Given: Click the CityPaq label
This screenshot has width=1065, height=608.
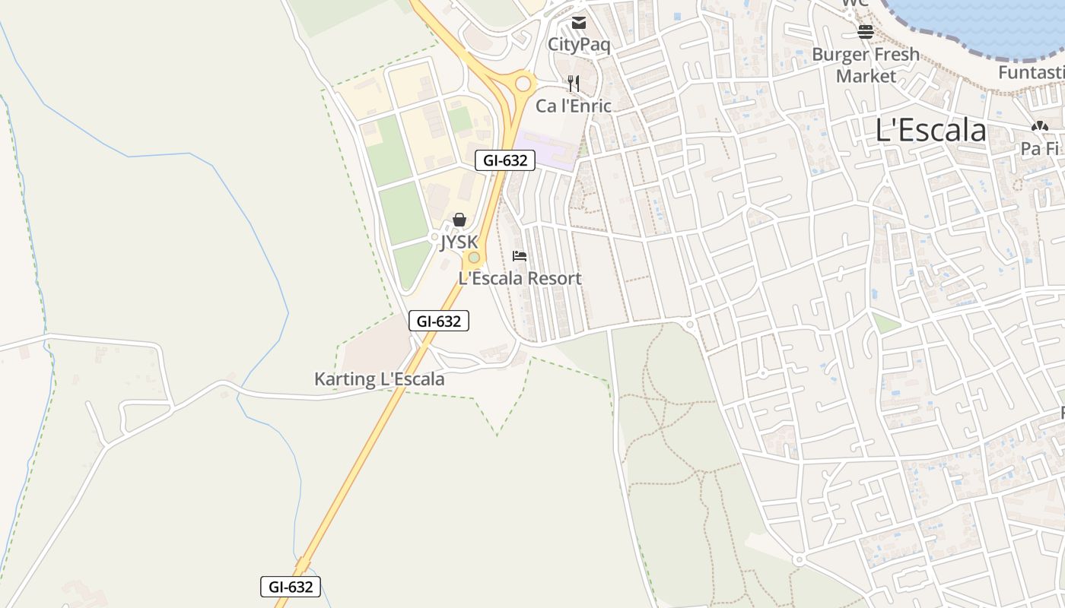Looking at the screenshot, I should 579,45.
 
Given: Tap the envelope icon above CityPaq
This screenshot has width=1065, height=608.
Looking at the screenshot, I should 579,23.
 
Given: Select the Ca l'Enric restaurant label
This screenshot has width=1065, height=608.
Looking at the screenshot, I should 573,106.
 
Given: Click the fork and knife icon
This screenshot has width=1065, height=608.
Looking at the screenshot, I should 574,84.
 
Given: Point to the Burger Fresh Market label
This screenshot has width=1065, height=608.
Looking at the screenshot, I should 866,65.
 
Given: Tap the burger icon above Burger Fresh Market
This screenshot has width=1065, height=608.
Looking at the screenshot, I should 865,31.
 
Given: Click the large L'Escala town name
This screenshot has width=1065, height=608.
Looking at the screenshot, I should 930,131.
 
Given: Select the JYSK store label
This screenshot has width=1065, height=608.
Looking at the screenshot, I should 459,242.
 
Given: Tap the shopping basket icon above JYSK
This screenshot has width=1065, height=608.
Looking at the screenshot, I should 459,220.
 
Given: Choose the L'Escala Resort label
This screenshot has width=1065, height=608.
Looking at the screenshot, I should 520,278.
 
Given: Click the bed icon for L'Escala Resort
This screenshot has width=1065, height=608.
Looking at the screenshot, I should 520,256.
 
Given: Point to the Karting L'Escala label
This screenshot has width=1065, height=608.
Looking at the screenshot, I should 379,378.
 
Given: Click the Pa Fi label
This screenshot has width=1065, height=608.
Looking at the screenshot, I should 1040,148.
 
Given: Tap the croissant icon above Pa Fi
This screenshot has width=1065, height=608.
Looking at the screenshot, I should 1040,127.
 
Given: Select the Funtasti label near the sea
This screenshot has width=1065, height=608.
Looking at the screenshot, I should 1032,73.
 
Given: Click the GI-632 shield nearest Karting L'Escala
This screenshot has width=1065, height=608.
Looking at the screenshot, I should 439,321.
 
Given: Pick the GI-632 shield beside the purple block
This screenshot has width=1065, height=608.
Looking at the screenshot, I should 505,160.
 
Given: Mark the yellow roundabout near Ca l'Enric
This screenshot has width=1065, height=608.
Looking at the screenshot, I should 523,83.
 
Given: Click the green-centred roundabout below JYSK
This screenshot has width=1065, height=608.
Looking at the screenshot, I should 474,258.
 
